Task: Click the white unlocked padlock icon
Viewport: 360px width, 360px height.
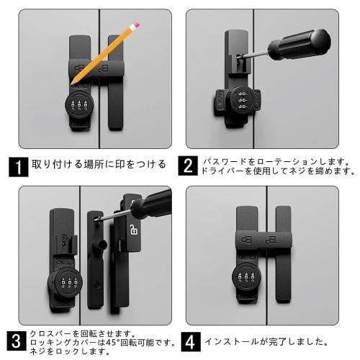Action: (x=133, y=229)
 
